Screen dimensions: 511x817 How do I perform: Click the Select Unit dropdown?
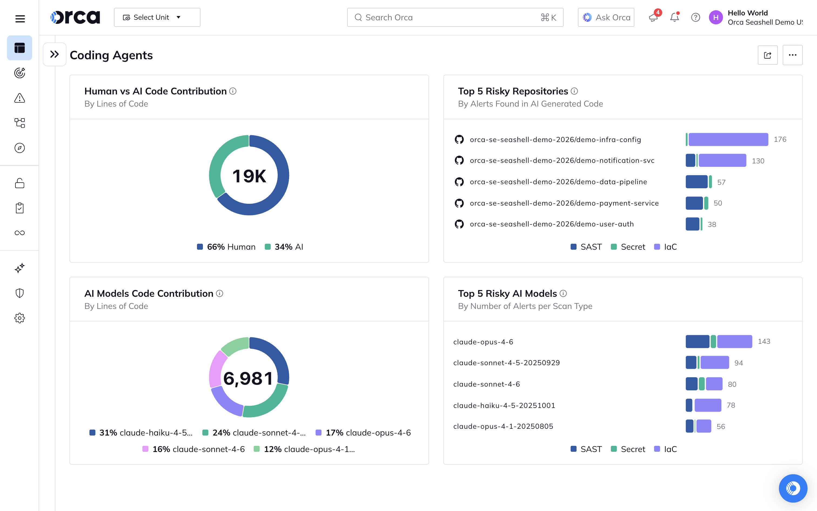pyautogui.click(x=157, y=17)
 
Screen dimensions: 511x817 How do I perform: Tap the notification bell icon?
pyautogui.click(x=674, y=17)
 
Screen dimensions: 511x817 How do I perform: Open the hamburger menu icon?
pyautogui.click(x=20, y=19)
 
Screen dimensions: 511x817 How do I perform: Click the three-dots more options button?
pyautogui.click(x=792, y=55)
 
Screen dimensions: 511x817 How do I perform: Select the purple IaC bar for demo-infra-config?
pyautogui.click(x=728, y=139)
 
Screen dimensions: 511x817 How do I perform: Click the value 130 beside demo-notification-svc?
pyautogui.click(x=758, y=161)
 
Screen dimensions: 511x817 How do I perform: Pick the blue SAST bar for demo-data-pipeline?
pyautogui.click(x=696, y=182)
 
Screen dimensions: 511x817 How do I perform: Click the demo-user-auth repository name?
pyautogui.click(x=551, y=224)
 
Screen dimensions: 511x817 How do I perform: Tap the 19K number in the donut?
pyautogui.click(x=249, y=176)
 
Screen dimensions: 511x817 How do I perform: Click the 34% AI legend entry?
pyautogui.click(x=284, y=247)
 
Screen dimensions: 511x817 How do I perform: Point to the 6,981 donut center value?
pyautogui.click(x=248, y=378)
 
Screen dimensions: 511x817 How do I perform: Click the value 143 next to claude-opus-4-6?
pyautogui.click(x=764, y=341)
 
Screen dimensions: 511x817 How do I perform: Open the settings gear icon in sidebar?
pyautogui.click(x=19, y=318)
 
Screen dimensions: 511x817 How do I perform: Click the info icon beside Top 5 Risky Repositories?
pyautogui.click(x=574, y=91)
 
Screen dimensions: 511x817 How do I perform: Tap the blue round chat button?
pyautogui.click(x=793, y=488)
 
